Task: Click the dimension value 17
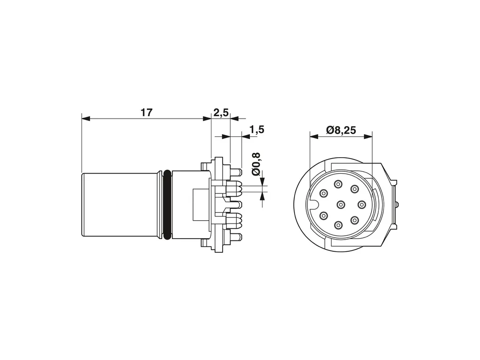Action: pos(146,112)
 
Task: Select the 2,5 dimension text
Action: pos(221,113)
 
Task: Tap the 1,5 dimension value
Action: pos(256,130)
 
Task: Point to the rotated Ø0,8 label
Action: pos(256,164)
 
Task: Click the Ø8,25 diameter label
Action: pos(341,130)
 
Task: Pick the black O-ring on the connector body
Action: pos(167,205)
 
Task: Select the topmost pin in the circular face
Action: pos(338,184)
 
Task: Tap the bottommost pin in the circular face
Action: pos(338,226)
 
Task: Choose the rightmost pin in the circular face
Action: pos(361,204)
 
